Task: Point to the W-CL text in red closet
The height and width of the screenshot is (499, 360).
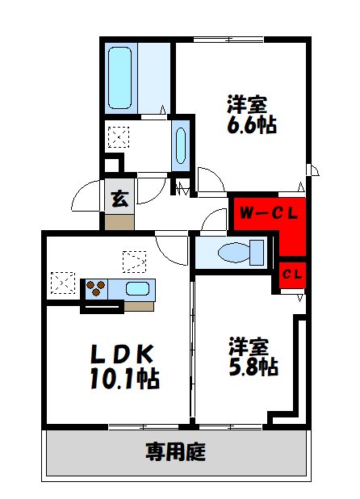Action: [267, 214]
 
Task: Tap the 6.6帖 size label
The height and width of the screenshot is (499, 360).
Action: [251, 126]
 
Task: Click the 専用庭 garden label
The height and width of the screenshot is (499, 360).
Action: [175, 451]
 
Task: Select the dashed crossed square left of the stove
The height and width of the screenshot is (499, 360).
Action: [61, 283]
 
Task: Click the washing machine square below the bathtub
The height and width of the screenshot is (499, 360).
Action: [118, 137]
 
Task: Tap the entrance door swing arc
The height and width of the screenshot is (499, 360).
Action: [85, 197]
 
